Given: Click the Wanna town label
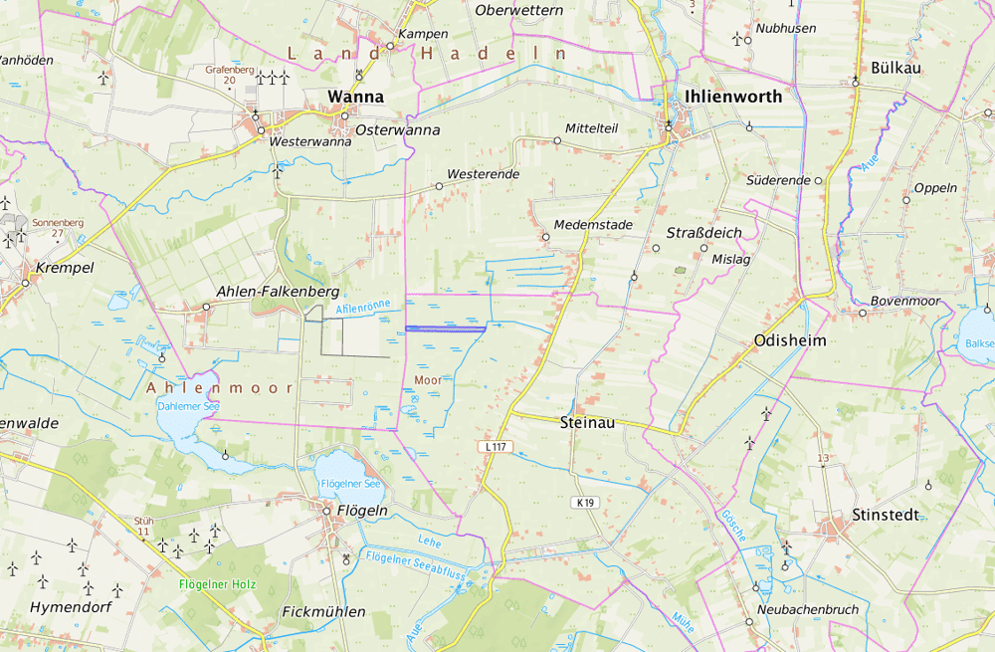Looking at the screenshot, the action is click(x=355, y=97).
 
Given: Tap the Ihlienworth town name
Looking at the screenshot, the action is click(x=733, y=97).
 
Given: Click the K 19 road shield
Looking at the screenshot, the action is click(x=585, y=503).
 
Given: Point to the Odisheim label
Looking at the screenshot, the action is click(x=790, y=340).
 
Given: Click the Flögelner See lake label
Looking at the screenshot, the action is click(x=351, y=484).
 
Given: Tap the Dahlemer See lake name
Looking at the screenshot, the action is click(x=188, y=406).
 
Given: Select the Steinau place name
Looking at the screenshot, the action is click(x=587, y=422).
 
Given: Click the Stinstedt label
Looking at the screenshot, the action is click(x=885, y=515).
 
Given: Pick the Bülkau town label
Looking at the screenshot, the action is click(x=895, y=68).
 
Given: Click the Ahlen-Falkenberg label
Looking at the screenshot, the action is click(x=278, y=292).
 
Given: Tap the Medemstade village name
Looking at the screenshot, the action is click(x=593, y=225).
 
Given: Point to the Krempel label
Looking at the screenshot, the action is click(x=64, y=268).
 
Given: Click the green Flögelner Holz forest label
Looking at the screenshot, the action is click(x=215, y=584).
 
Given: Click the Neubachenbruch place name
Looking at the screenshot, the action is click(x=807, y=609).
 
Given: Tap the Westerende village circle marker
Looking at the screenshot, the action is click(x=439, y=186).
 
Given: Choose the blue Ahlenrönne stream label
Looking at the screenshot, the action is click(x=364, y=309).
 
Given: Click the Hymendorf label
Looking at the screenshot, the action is click(x=70, y=606).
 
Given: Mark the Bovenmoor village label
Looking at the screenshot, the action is click(x=904, y=300).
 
